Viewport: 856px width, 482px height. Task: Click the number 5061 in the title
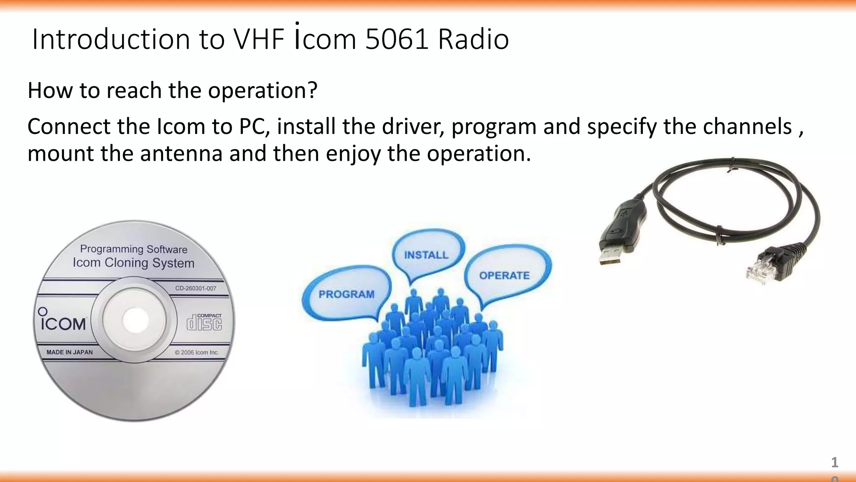[396, 39]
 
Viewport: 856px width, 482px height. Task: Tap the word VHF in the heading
[259, 39]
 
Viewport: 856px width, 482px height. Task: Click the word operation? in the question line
[262, 90]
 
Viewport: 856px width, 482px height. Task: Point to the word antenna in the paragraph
[181, 153]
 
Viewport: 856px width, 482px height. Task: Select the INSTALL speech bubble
[426, 254]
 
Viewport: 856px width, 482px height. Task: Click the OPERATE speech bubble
[504, 275]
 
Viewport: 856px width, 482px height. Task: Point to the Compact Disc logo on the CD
[204, 322]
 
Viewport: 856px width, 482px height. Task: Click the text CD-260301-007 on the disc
[196, 288]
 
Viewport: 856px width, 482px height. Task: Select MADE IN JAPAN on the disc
[69, 352]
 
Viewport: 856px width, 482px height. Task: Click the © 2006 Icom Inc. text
[196, 352]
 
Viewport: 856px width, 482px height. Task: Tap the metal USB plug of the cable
[611, 255]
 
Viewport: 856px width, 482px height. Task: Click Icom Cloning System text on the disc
[133, 263]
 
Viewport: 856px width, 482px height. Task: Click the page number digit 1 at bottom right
[834, 462]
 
